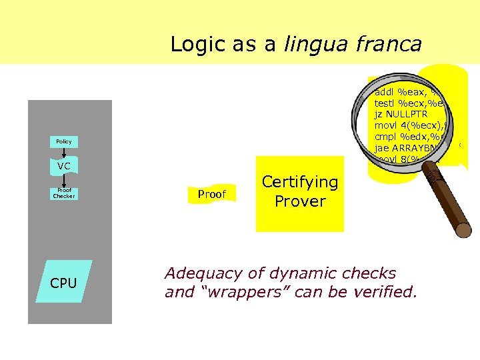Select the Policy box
click(64, 141)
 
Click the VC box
click(64, 165)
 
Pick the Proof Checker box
click(64, 194)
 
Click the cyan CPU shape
click(64, 283)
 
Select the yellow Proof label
click(212, 194)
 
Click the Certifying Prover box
click(300, 192)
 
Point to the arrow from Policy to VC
click(64, 153)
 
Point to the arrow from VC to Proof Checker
click(64, 180)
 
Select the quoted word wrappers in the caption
click(251, 292)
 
